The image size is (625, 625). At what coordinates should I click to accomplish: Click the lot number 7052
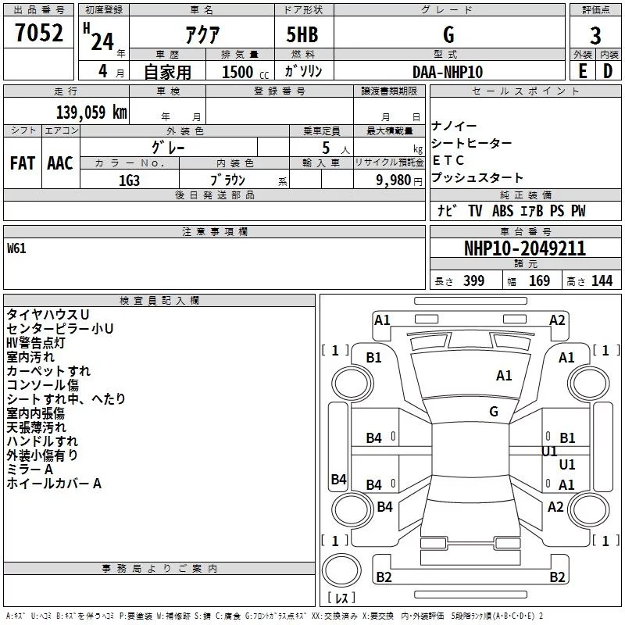(39, 33)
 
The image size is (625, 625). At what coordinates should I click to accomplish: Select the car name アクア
(202, 34)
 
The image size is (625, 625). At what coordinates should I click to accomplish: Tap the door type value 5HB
(302, 34)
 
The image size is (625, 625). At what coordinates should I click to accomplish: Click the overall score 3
(595, 36)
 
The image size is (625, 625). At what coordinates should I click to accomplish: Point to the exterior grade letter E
(582, 71)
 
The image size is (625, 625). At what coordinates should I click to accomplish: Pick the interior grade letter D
(608, 71)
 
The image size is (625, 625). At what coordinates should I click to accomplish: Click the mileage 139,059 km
(91, 112)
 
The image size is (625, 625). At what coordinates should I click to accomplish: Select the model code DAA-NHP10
(448, 72)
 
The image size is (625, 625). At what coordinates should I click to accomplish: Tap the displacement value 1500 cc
(245, 72)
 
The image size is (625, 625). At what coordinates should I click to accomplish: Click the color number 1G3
(129, 180)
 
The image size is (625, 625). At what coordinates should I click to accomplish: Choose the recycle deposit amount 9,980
(394, 180)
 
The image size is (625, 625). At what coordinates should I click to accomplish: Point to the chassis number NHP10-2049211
(525, 248)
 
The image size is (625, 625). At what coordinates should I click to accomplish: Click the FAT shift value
(23, 163)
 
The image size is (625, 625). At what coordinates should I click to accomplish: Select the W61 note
(16, 248)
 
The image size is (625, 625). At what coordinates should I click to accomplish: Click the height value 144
(602, 280)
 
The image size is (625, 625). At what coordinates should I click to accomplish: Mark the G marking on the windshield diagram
(494, 411)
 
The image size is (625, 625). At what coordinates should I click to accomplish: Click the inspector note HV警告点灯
(35, 343)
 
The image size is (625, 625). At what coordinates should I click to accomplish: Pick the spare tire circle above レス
(341, 570)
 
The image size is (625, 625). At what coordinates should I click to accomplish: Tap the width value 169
(539, 280)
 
